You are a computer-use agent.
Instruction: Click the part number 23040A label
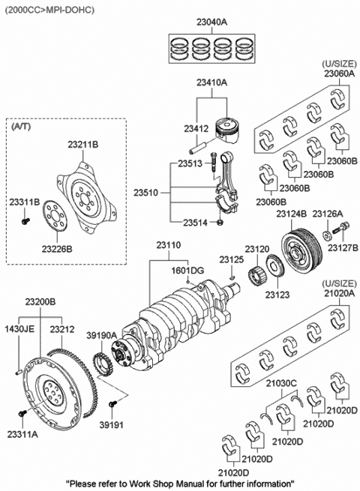[211, 22]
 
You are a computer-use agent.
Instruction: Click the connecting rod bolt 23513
[214, 162]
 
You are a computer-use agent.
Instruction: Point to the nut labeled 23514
[220, 223]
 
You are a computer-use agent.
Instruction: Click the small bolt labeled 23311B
[25, 220]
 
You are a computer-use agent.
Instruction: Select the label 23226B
[57, 249]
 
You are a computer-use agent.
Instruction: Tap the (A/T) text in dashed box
[21, 127]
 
